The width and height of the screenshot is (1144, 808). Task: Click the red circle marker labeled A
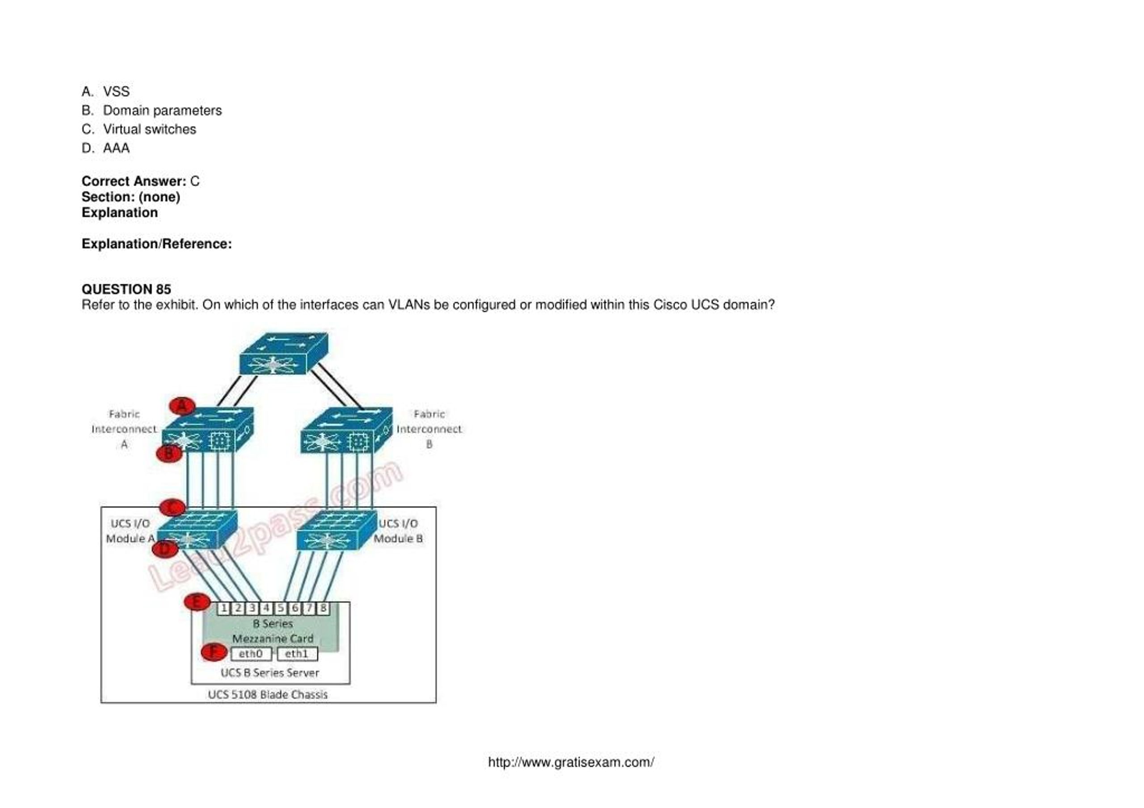click(182, 406)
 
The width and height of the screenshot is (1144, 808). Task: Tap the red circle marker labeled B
click(169, 453)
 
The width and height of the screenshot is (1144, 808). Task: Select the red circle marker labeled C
click(172, 508)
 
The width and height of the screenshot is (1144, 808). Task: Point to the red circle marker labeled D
click(164, 548)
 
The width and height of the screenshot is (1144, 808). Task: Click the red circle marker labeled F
click(214, 652)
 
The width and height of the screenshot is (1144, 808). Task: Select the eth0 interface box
click(251, 653)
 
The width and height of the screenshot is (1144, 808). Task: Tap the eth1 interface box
click(297, 653)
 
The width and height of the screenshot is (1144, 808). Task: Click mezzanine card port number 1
click(224, 608)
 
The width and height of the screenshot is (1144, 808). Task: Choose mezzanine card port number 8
click(323, 608)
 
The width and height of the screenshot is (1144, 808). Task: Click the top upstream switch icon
click(283, 353)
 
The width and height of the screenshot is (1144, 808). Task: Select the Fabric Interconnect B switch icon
click(346, 430)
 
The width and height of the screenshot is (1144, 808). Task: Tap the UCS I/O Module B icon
click(336, 530)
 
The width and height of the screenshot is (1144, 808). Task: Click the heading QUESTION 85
click(126, 290)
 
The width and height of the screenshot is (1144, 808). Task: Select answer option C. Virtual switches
click(139, 130)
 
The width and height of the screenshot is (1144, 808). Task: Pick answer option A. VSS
click(105, 92)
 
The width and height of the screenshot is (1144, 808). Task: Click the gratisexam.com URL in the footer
click(571, 762)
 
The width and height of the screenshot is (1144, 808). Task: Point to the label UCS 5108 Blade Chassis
click(268, 694)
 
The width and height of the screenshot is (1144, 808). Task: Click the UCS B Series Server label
click(269, 673)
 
